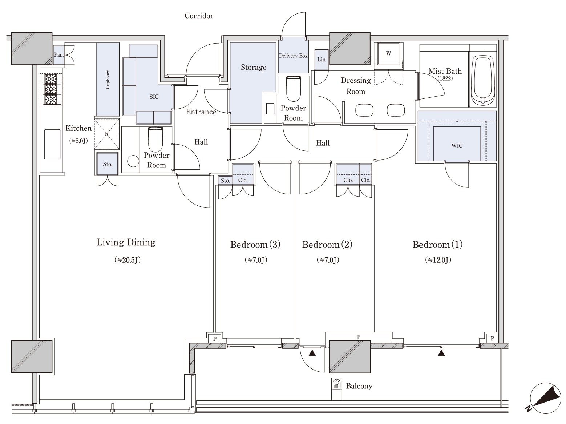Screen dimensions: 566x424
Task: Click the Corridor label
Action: click(199, 16)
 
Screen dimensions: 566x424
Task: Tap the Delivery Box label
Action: click(293, 56)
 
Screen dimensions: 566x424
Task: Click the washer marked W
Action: click(388, 54)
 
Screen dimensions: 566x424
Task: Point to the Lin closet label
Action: click(321, 59)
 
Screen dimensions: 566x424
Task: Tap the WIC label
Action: click(457, 146)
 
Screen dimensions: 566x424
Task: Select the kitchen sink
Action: click(52, 144)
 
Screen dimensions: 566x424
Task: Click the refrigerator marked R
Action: click(107, 133)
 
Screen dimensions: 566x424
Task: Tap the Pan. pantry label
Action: click(59, 55)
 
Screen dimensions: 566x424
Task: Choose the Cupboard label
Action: click(108, 79)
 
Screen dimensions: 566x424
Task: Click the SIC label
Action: click(154, 97)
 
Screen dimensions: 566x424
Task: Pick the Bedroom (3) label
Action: click(255, 245)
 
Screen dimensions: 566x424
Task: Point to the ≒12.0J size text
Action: click(438, 260)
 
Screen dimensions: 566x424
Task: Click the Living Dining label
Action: click(126, 242)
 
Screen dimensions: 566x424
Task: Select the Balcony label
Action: click(359, 386)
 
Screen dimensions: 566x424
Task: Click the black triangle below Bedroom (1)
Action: click(441, 353)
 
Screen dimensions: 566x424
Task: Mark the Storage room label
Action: click(254, 67)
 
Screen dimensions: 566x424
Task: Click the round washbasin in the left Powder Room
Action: click(133, 161)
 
